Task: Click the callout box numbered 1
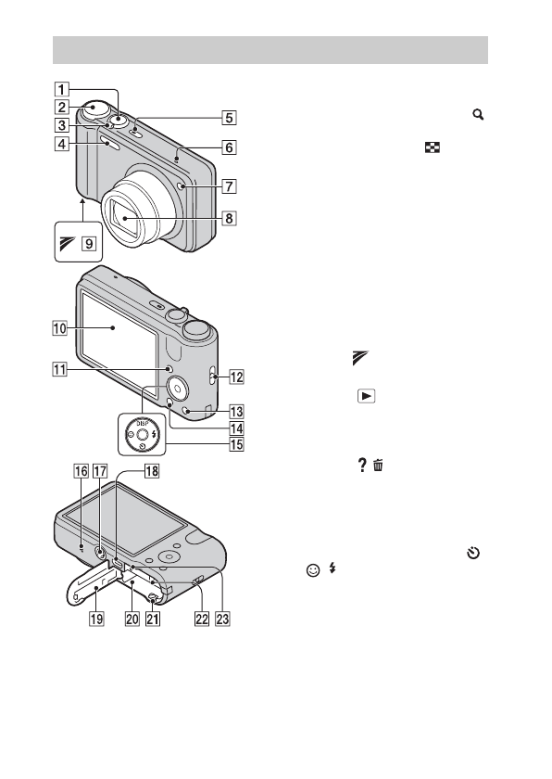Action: click(x=61, y=89)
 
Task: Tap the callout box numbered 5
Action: click(x=229, y=118)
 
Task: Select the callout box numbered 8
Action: click(x=229, y=218)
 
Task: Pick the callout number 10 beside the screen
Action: click(x=59, y=328)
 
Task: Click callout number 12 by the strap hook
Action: click(x=236, y=377)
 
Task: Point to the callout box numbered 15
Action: click(x=236, y=444)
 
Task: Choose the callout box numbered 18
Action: click(x=151, y=470)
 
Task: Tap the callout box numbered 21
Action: click(x=153, y=619)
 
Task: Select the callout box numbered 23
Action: click(x=222, y=619)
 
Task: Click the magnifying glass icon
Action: click(x=478, y=115)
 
